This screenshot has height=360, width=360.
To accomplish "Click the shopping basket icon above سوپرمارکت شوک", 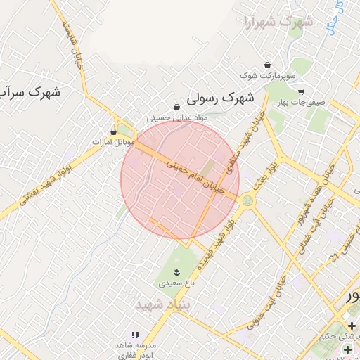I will point(266,63).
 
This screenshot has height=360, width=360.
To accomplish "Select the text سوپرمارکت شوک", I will point(268,74).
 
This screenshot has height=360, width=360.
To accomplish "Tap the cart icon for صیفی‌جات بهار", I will point(301,91).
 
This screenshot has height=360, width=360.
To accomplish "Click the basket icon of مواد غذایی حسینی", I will point(176,108).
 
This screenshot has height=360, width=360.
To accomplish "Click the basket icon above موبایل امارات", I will point(113,131).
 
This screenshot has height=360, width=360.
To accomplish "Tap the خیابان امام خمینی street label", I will point(195,175).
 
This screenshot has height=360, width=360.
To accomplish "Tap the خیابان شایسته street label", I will point(72,43).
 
